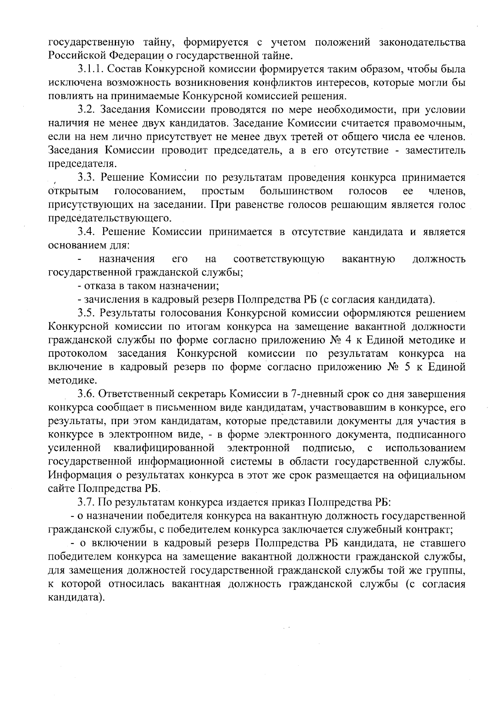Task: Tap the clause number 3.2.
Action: (85, 110)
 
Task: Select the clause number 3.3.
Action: (85, 178)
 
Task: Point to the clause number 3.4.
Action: (85, 232)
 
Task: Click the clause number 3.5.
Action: (85, 313)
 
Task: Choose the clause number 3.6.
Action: (85, 394)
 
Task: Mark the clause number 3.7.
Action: (85, 502)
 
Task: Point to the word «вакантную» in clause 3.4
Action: (368, 259)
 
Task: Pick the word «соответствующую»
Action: (279, 259)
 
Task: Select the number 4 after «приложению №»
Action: (348, 340)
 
